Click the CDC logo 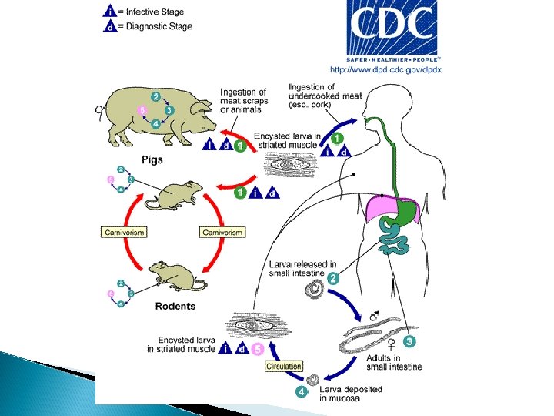tap(393, 30)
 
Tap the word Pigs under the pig tap(151, 159)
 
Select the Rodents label tap(175, 306)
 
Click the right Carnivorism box tap(222, 232)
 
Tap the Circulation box tap(283, 367)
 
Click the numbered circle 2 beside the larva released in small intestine tap(333, 280)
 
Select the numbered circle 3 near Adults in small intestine tap(409, 341)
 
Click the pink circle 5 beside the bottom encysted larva tap(257, 349)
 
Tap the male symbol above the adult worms tap(374, 316)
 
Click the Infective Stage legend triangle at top tap(112, 12)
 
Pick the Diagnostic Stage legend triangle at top tap(112, 27)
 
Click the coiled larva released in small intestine tap(315, 290)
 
